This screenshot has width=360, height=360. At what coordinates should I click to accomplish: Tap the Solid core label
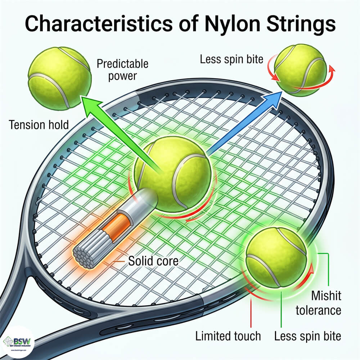[x=153, y=260]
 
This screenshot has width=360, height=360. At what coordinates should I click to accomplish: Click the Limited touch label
[x=228, y=336]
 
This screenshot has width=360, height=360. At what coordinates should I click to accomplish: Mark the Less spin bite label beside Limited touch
[x=308, y=336]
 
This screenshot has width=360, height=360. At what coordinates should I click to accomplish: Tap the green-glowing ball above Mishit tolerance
[x=276, y=256]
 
